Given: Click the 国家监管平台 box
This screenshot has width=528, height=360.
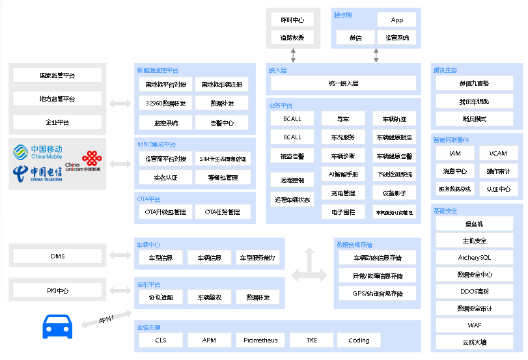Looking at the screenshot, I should click(57, 76).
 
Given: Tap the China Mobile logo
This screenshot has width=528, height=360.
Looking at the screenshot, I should click(38, 152).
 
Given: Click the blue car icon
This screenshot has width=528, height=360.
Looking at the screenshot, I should click(57, 326).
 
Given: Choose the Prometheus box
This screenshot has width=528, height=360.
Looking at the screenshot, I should click(260, 340).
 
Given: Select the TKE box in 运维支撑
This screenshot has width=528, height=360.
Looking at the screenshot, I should click(313, 340).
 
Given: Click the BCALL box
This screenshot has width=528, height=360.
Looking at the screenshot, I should click(292, 119).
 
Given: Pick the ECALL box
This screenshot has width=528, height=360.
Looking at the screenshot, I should click(292, 137).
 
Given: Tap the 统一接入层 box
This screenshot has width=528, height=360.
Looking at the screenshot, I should click(343, 83).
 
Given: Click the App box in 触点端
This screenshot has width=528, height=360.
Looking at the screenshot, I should click(396, 20).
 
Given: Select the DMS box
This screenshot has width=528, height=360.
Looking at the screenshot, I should click(57, 256).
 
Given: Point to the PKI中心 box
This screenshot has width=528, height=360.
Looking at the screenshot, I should click(57, 290).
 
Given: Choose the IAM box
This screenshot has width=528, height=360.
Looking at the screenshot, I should click(454, 154).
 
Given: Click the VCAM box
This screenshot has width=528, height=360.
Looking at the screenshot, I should click(499, 154).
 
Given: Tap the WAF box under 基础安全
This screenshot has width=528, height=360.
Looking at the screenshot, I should click(475, 325).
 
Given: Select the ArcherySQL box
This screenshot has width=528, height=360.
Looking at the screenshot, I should click(475, 257).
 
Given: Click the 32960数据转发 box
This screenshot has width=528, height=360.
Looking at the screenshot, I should click(165, 104).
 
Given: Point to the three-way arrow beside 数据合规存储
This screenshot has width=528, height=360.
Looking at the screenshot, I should click(309, 267).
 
